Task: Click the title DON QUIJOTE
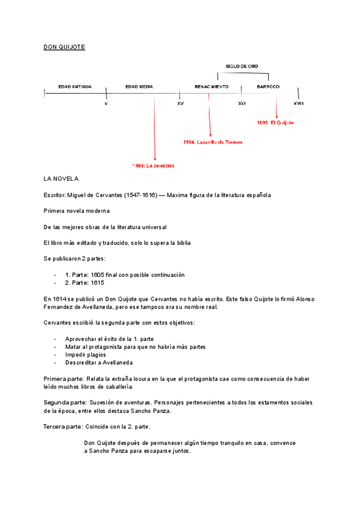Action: pyautogui.click(x=64, y=46)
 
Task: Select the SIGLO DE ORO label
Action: pyautogui.click(x=242, y=65)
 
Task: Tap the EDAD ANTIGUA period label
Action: pyautogui.click(x=75, y=86)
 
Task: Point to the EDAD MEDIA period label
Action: pyautogui.click(x=139, y=86)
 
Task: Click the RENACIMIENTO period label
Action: pyautogui.click(x=212, y=86)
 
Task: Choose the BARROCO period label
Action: pyautogui.click(x=268, y=86)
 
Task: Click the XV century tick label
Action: pyautogui.click(x=181, y=104)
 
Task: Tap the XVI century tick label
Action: pyautogui.click(x=242, y=104)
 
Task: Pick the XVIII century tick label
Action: pyautogui.click(x=299, y=104)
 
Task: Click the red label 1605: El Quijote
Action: pyautogui.click(x=275, y=122)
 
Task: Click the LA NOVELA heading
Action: pyautogui.click(x=62, y=179)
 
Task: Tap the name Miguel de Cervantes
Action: pyautogui.click(x=95, y=195)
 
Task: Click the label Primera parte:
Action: pyautogui.click(x=64, y=379)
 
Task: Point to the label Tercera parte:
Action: pyautogui.click(x=64, y=426)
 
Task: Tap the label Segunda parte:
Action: pyautogui.click(x=65, y=403)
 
